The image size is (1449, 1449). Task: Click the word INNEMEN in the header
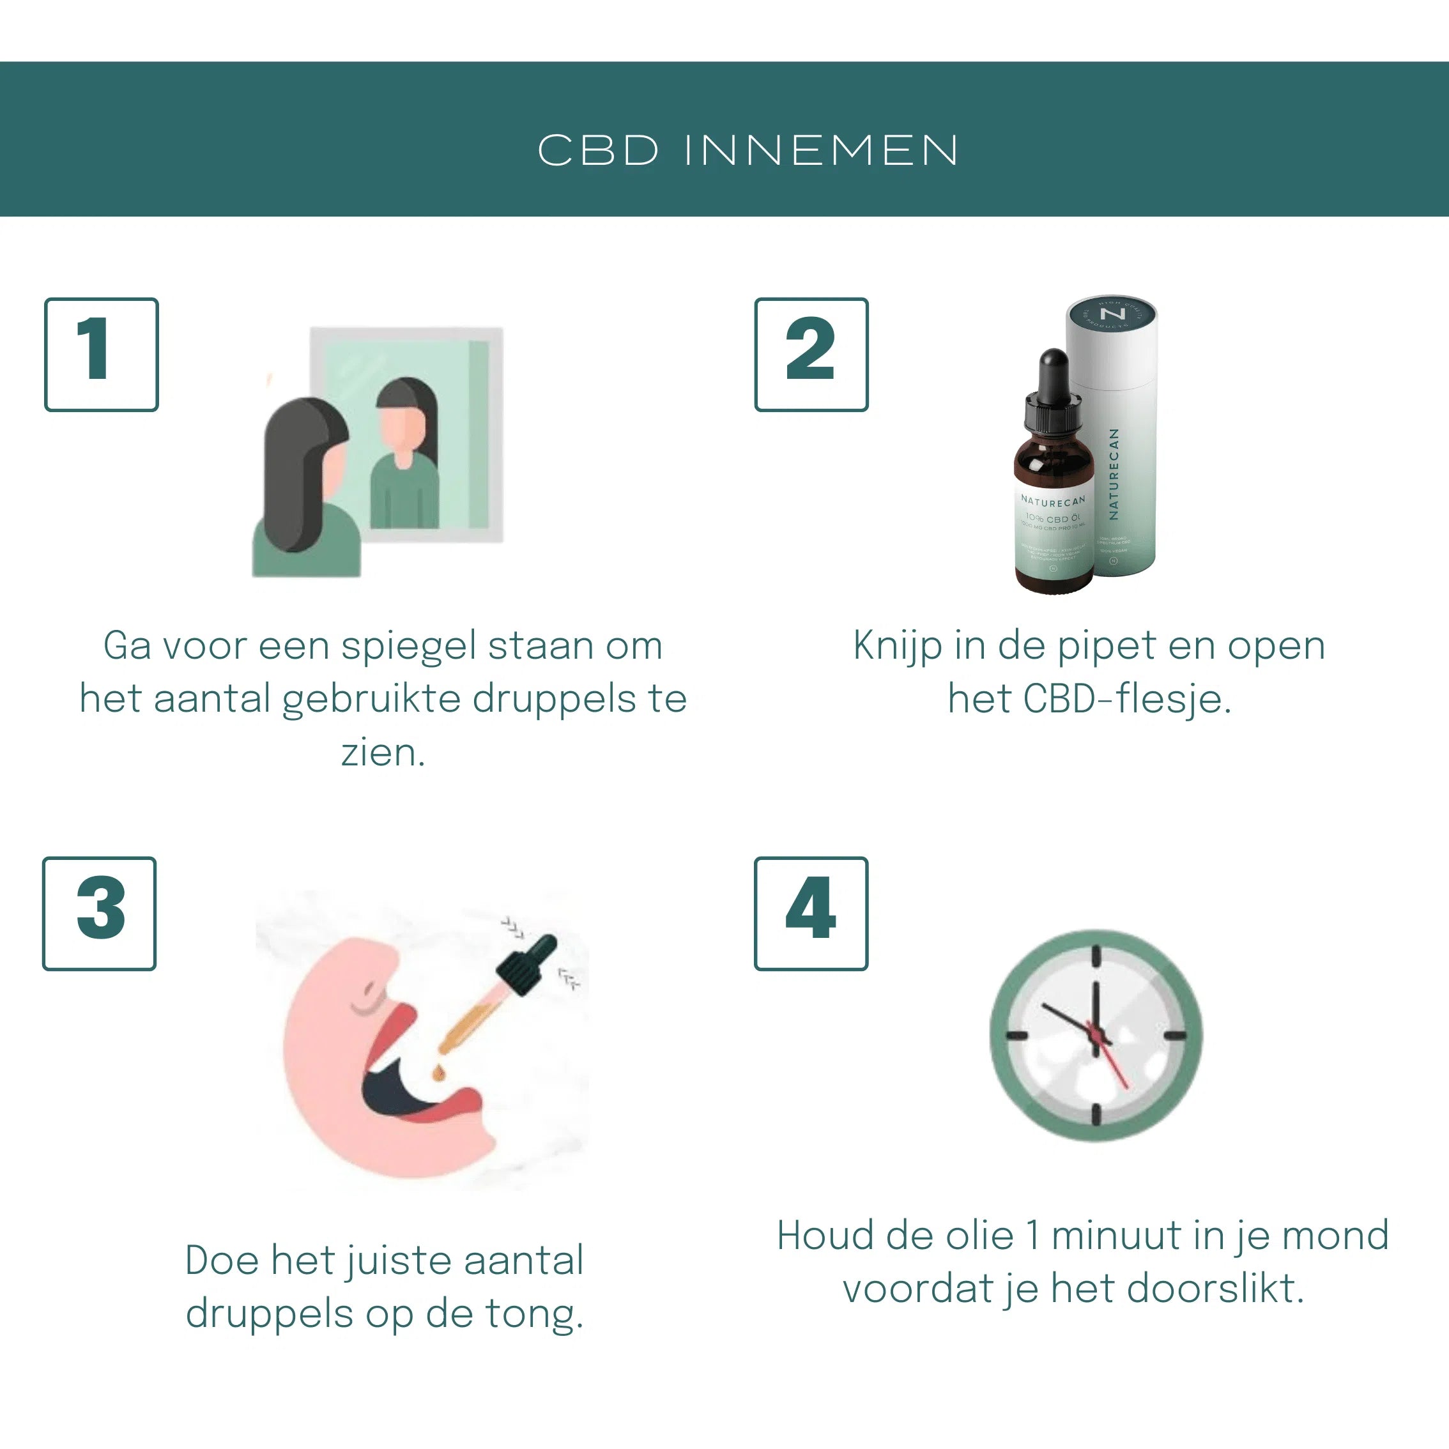tap(822, 150)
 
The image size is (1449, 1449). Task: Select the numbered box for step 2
tap(811, 355)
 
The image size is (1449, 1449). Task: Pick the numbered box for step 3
tap(100, 914)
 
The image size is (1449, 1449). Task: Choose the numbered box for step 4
tap(811, 914)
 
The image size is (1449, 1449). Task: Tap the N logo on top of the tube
tap(1112, 314)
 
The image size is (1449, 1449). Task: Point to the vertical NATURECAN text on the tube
tap(1114, 474)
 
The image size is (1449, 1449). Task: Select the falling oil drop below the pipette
tap(438, 1074)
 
